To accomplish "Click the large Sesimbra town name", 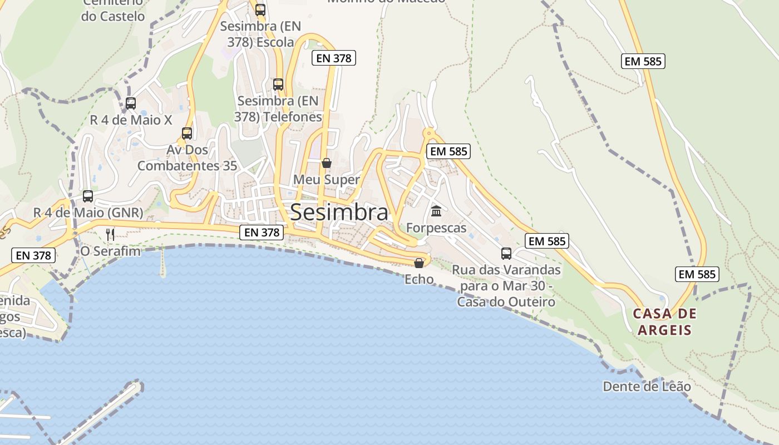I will point(339,212).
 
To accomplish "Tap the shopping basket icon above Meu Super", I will point(327,163).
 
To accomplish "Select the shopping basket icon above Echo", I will point(419,263).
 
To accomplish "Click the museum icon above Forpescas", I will point(436,211).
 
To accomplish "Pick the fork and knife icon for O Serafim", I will point(110,234).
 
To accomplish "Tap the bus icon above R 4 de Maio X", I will point(131,103).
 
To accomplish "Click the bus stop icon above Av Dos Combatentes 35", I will point(187,133).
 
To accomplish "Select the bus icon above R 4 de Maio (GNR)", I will point(88,196).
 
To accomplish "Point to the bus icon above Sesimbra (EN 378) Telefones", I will point(278,85).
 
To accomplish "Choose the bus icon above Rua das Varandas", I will point(506,254).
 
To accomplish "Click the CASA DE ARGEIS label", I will point(664,322).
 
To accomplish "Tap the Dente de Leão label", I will point(647,386).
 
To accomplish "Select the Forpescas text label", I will point(436,228).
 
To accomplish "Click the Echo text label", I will point(419,279).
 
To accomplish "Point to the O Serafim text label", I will point(111,251).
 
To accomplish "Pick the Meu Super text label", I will point(327,180).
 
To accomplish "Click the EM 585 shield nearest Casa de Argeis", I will point(697,274).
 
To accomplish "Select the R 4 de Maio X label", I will point(131,120).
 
